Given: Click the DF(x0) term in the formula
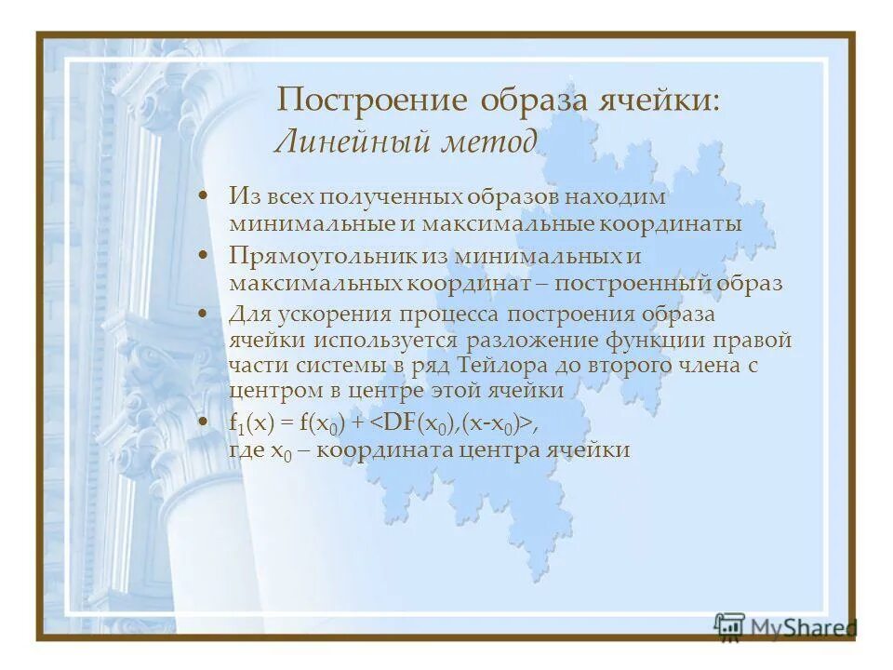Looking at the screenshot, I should point(419,423).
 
